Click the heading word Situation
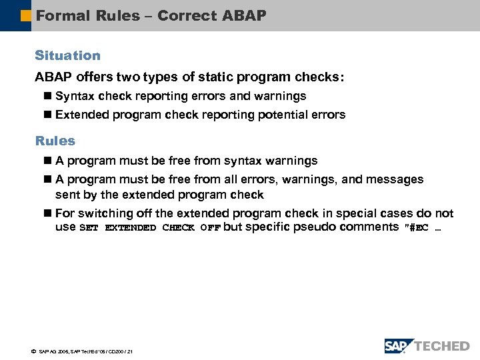pos(67,55)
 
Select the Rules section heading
pos(55,141)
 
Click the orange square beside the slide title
pos(27,15)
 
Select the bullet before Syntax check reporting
pos(47,96)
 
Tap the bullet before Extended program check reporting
pos(47,115)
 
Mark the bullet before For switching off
pos(47,213)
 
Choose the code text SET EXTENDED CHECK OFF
pos(150,227)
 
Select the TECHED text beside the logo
pos(441,345)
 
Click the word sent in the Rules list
pos(67,195)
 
